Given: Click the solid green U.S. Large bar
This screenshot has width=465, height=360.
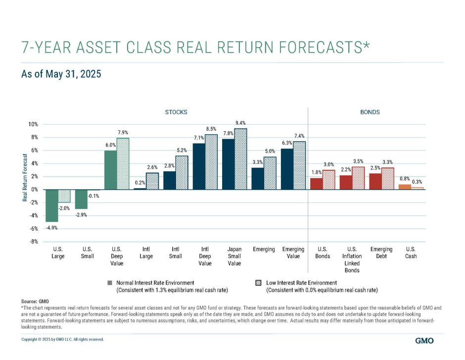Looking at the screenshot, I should coord(51,206).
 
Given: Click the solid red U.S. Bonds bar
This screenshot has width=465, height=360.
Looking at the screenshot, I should coord(316,184).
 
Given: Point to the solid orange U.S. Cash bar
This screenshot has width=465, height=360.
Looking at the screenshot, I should coord(404,187).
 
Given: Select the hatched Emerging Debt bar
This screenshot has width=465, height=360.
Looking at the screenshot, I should coord(387,179).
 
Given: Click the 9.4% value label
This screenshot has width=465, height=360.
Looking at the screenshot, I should coord(240,122).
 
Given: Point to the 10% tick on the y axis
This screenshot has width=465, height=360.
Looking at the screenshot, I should coord(33,124).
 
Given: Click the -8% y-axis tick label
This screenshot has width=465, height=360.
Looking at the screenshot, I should coord(33,242).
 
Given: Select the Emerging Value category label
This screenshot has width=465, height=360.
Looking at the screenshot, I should coord(293,253).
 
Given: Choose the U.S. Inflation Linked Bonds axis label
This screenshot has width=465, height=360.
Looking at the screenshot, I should coord(352,259).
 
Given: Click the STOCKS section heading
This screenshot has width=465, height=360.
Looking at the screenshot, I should coord(176,112).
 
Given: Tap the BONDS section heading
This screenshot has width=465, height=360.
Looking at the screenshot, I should coord(370,112).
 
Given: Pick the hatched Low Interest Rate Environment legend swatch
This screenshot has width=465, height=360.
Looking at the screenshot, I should coord(258,283).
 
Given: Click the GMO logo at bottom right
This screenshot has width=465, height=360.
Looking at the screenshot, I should coord(425,341).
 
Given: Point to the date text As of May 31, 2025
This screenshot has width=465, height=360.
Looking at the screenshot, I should coord(61,75).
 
